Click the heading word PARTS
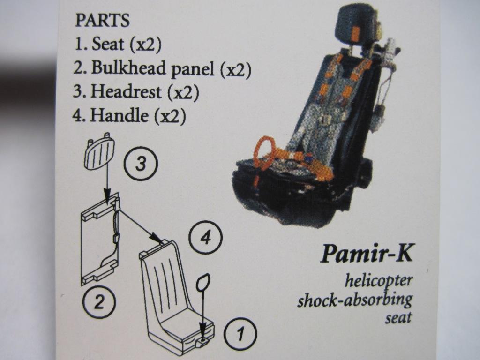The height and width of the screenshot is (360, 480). coord(102,21)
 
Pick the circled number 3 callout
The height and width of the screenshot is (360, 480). coord(141,164)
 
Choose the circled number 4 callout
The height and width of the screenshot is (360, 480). coord(205,239)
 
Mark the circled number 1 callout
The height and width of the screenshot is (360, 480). coord(240,334)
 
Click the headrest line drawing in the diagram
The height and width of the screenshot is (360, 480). coord(99,153)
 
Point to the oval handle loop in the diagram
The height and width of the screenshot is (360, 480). coord(203,284)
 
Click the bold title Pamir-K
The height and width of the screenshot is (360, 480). coord(367,255)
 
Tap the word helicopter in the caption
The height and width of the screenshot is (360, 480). coord(379,281)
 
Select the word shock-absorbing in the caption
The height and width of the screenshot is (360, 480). coord(355,299)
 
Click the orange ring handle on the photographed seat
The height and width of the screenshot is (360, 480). coord(265,152)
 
